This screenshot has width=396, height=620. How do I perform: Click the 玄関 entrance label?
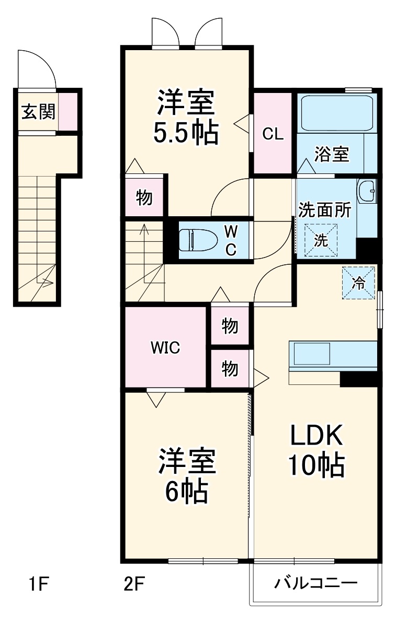point(38,111)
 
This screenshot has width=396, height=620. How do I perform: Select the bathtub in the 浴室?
point(335,113)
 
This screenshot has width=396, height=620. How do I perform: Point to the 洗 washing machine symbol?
point(321,240)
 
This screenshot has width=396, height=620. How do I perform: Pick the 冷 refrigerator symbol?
point(359,283)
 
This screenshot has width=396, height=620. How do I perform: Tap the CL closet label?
point(273,134)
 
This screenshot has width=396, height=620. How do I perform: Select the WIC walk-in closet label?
point(165,347)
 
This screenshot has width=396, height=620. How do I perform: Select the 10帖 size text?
point(316,464)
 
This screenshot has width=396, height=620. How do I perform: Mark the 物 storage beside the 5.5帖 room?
point(144,197)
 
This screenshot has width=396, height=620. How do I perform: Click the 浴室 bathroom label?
point(332,154)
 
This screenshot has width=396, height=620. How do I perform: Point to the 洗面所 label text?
point(325,210)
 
